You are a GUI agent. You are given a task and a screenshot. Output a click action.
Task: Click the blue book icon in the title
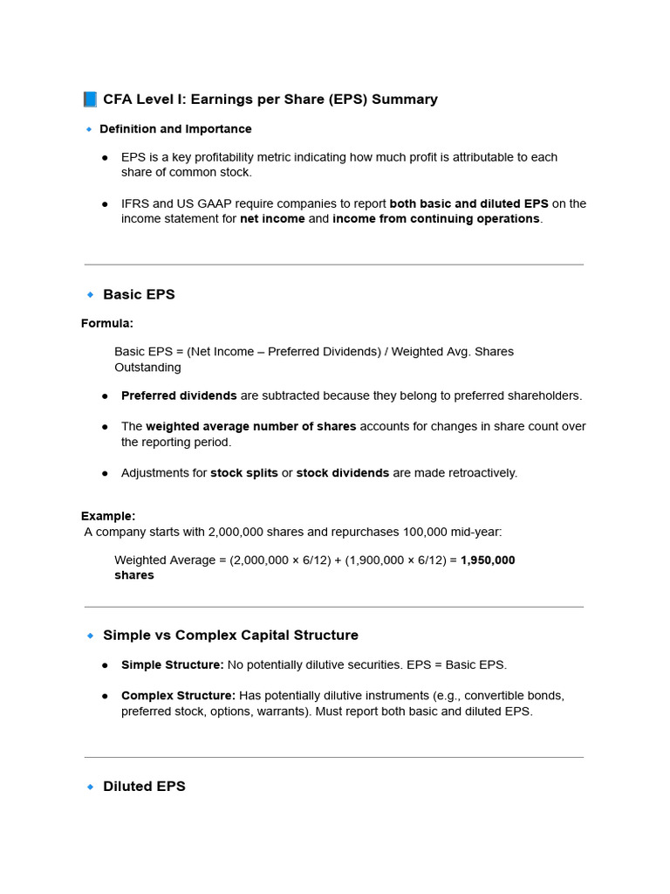(x=90, y=100)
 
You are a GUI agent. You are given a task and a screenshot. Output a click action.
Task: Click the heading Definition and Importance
(x=175, y=129)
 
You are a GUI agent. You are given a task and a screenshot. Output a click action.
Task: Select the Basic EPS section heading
(x=139, y=294)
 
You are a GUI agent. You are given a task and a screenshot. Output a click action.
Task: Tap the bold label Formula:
(x=107, y=324)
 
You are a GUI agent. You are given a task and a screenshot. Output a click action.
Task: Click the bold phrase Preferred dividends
(x=179, y=395)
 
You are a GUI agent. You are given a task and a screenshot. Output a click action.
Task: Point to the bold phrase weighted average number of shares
(x=250, y=427)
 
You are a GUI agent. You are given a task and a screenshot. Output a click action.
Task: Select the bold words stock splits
(x=244, y=473)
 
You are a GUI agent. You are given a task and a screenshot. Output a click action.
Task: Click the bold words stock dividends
(x=343, y=473)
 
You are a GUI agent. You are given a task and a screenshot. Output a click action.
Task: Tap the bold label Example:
(x=108, y=516)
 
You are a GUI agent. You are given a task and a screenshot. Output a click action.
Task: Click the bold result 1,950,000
(x=488, y=560)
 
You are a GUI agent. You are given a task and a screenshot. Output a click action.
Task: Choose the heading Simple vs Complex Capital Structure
(x=230, y=636)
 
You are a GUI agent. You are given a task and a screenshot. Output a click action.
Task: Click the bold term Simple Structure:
(x=173, y=665)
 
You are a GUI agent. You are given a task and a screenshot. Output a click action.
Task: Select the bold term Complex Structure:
(x=178, y=696)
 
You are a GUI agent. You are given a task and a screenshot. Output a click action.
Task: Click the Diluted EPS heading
(x=144, y=787)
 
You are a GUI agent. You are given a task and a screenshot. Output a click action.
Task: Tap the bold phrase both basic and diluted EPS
(x=469, y=203)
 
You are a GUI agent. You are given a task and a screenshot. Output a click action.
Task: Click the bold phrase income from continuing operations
(x=436, y=219)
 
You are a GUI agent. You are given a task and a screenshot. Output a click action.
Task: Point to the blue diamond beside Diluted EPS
(x=90, y=787)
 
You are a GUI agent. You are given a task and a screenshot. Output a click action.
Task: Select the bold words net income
(x=272, y=219)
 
